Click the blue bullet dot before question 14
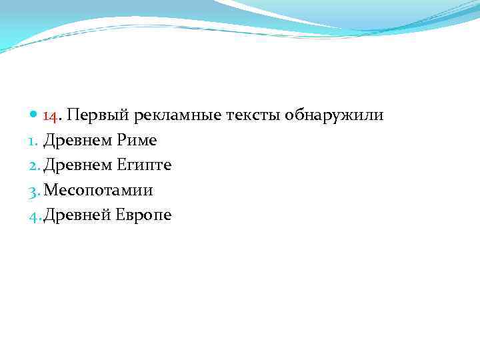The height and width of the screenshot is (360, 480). (x=35, y=116)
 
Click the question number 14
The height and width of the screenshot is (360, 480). (x=51, y=116)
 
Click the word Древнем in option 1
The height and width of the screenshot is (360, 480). (x=76, y=141)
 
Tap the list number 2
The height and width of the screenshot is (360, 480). (x=36, y=165)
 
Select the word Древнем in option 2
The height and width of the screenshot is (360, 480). (x=76, y=165)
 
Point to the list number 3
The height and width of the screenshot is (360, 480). (x=36, y=190)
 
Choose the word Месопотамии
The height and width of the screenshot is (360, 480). (x=99, y=190)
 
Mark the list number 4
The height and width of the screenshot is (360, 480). (x=36, y=215)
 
